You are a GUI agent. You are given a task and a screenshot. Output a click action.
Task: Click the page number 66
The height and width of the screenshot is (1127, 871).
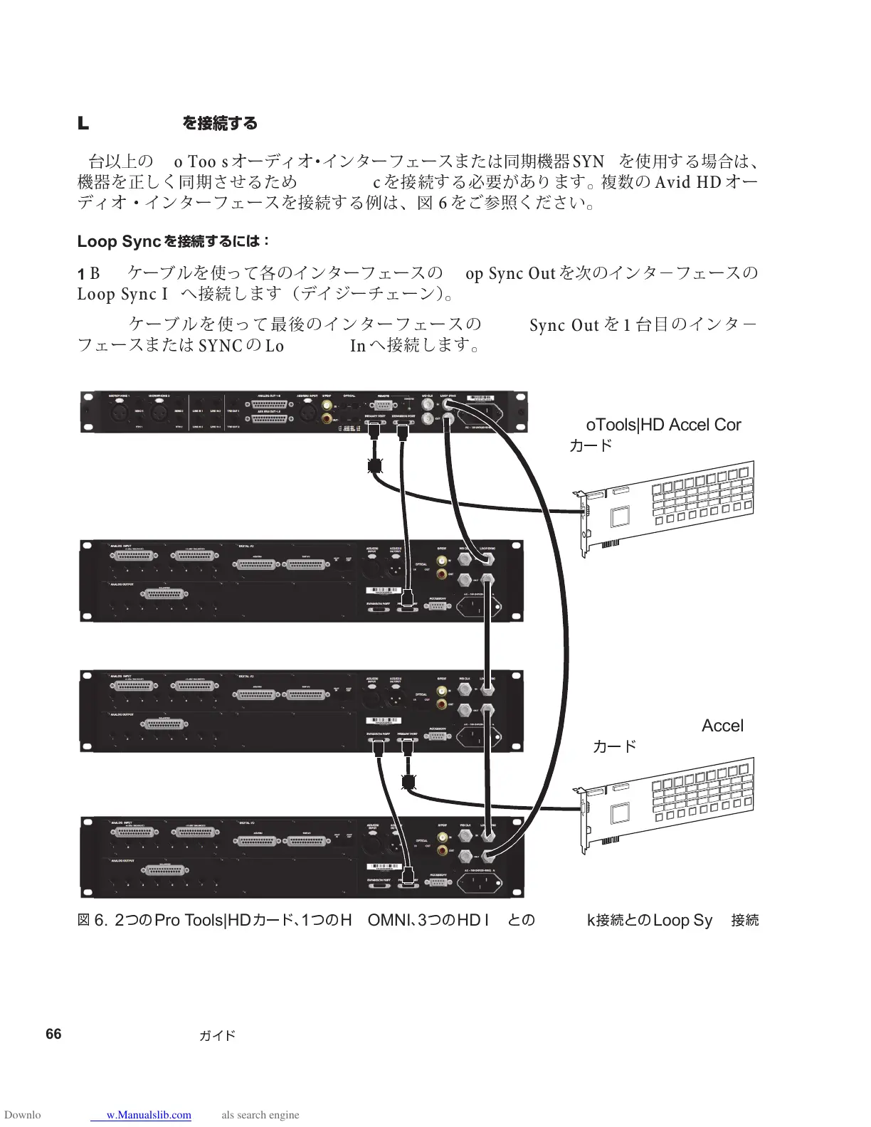coord(53,1034)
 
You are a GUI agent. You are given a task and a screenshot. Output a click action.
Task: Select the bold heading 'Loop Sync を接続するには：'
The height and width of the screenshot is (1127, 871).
coord(173,241)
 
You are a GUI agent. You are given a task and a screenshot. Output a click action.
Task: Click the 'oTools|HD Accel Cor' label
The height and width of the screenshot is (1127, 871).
coord(663,425)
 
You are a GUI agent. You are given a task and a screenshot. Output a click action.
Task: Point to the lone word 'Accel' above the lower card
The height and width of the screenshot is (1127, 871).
coord(722,726)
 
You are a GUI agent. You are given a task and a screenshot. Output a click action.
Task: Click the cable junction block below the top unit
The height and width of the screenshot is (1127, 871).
coord(375,466)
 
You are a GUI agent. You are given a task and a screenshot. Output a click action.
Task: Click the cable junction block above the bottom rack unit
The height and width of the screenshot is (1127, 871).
coord(408,781)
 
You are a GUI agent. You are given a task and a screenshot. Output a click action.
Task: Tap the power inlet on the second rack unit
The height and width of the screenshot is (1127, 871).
coord(478,606)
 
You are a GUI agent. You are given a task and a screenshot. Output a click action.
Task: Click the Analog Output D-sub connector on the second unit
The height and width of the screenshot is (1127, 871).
coord(164,594)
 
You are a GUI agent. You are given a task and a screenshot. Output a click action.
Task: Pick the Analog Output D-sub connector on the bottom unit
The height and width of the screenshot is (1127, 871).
coord(164,870)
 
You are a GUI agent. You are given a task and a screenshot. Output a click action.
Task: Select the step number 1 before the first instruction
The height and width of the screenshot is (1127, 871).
coord(81,274)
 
